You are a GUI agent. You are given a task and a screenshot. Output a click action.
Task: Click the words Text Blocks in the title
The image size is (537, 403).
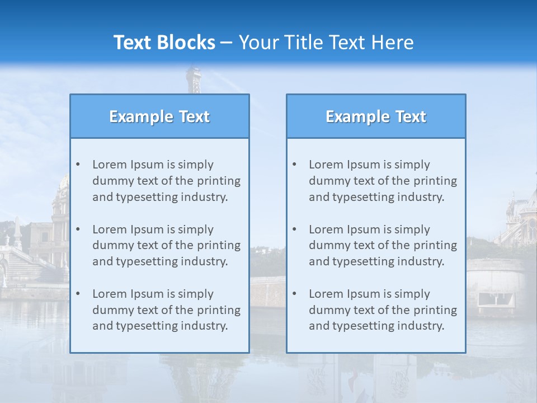(164, 43)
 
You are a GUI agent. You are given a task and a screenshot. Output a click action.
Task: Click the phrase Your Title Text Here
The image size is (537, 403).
(326, 43)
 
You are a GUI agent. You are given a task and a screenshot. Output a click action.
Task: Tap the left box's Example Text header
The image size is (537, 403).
(159, 116)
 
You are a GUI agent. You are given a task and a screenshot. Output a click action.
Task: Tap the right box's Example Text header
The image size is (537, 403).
(376, 116)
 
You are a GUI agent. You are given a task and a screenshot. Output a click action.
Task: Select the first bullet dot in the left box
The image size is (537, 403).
(78, 165)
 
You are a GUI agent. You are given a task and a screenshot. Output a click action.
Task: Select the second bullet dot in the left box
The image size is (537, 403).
(78, 229)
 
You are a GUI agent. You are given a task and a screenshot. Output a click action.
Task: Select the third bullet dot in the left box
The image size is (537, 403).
(78, 294)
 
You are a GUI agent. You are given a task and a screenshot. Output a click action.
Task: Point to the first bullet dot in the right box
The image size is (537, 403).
(294, 165)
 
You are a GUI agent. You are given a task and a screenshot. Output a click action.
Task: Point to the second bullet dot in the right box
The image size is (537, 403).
(294, 229)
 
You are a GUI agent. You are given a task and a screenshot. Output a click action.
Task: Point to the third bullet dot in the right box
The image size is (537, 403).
(294, 294)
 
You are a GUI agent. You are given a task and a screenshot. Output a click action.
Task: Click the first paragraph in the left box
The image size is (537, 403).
(166, 181)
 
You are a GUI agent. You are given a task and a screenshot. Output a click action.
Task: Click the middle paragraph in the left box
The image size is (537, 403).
(166, 245)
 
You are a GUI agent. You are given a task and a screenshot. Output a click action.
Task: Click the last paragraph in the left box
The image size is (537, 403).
(166, 310)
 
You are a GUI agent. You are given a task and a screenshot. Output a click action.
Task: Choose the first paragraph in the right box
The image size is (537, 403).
(383, 181)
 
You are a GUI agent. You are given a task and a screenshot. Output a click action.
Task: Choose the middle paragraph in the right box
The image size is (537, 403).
(383, 245)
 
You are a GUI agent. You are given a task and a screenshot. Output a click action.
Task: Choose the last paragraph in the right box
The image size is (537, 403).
(383, 310)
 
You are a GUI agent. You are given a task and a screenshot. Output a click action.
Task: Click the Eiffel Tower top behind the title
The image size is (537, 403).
(194, 78)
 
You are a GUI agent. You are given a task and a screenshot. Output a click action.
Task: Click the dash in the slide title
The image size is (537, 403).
(227, 43)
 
